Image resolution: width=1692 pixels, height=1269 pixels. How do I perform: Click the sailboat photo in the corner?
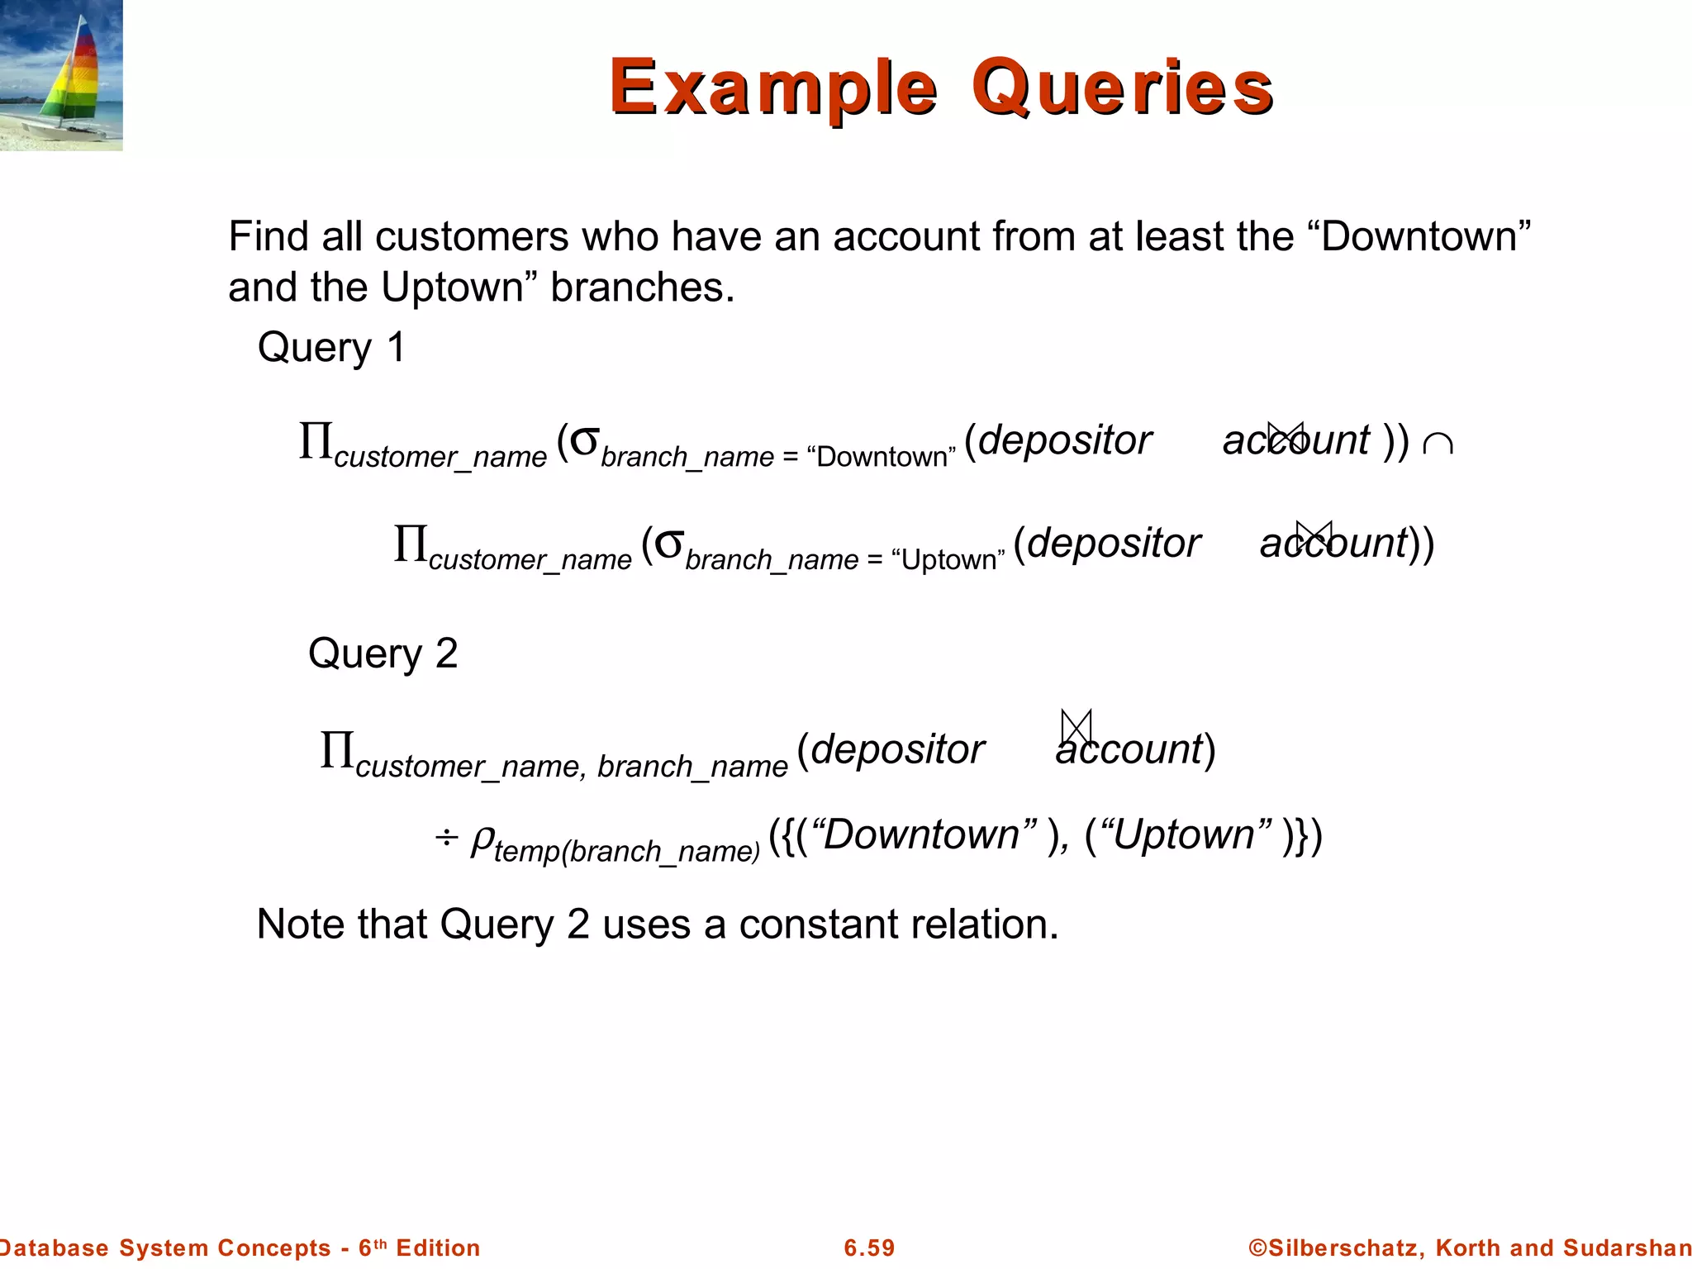click(61, 75)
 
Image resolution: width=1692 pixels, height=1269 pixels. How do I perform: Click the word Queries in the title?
click(1122, 88)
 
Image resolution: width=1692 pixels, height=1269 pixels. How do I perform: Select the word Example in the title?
click(773, 88)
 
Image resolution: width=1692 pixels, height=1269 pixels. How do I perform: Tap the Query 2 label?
click(383, 654)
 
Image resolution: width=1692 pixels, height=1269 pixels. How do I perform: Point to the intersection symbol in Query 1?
click(1438, 444)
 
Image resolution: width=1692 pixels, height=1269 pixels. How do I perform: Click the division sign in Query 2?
click(446, 838)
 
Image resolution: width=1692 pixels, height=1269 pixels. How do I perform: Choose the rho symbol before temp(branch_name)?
click(482, 839)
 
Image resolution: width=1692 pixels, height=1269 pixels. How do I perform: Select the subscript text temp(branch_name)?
click(626, 851)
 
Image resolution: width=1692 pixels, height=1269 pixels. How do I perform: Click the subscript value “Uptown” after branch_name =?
click(948, 560)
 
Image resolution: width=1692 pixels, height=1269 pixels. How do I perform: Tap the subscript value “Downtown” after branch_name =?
click(881, 457)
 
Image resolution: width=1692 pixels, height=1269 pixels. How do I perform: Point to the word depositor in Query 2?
click(898, 749)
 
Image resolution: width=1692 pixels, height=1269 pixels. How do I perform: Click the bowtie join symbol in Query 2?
click(1077, 727)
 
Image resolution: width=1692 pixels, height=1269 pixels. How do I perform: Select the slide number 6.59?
click(869, 1248)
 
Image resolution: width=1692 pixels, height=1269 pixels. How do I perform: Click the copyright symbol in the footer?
click(1257, 1248)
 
